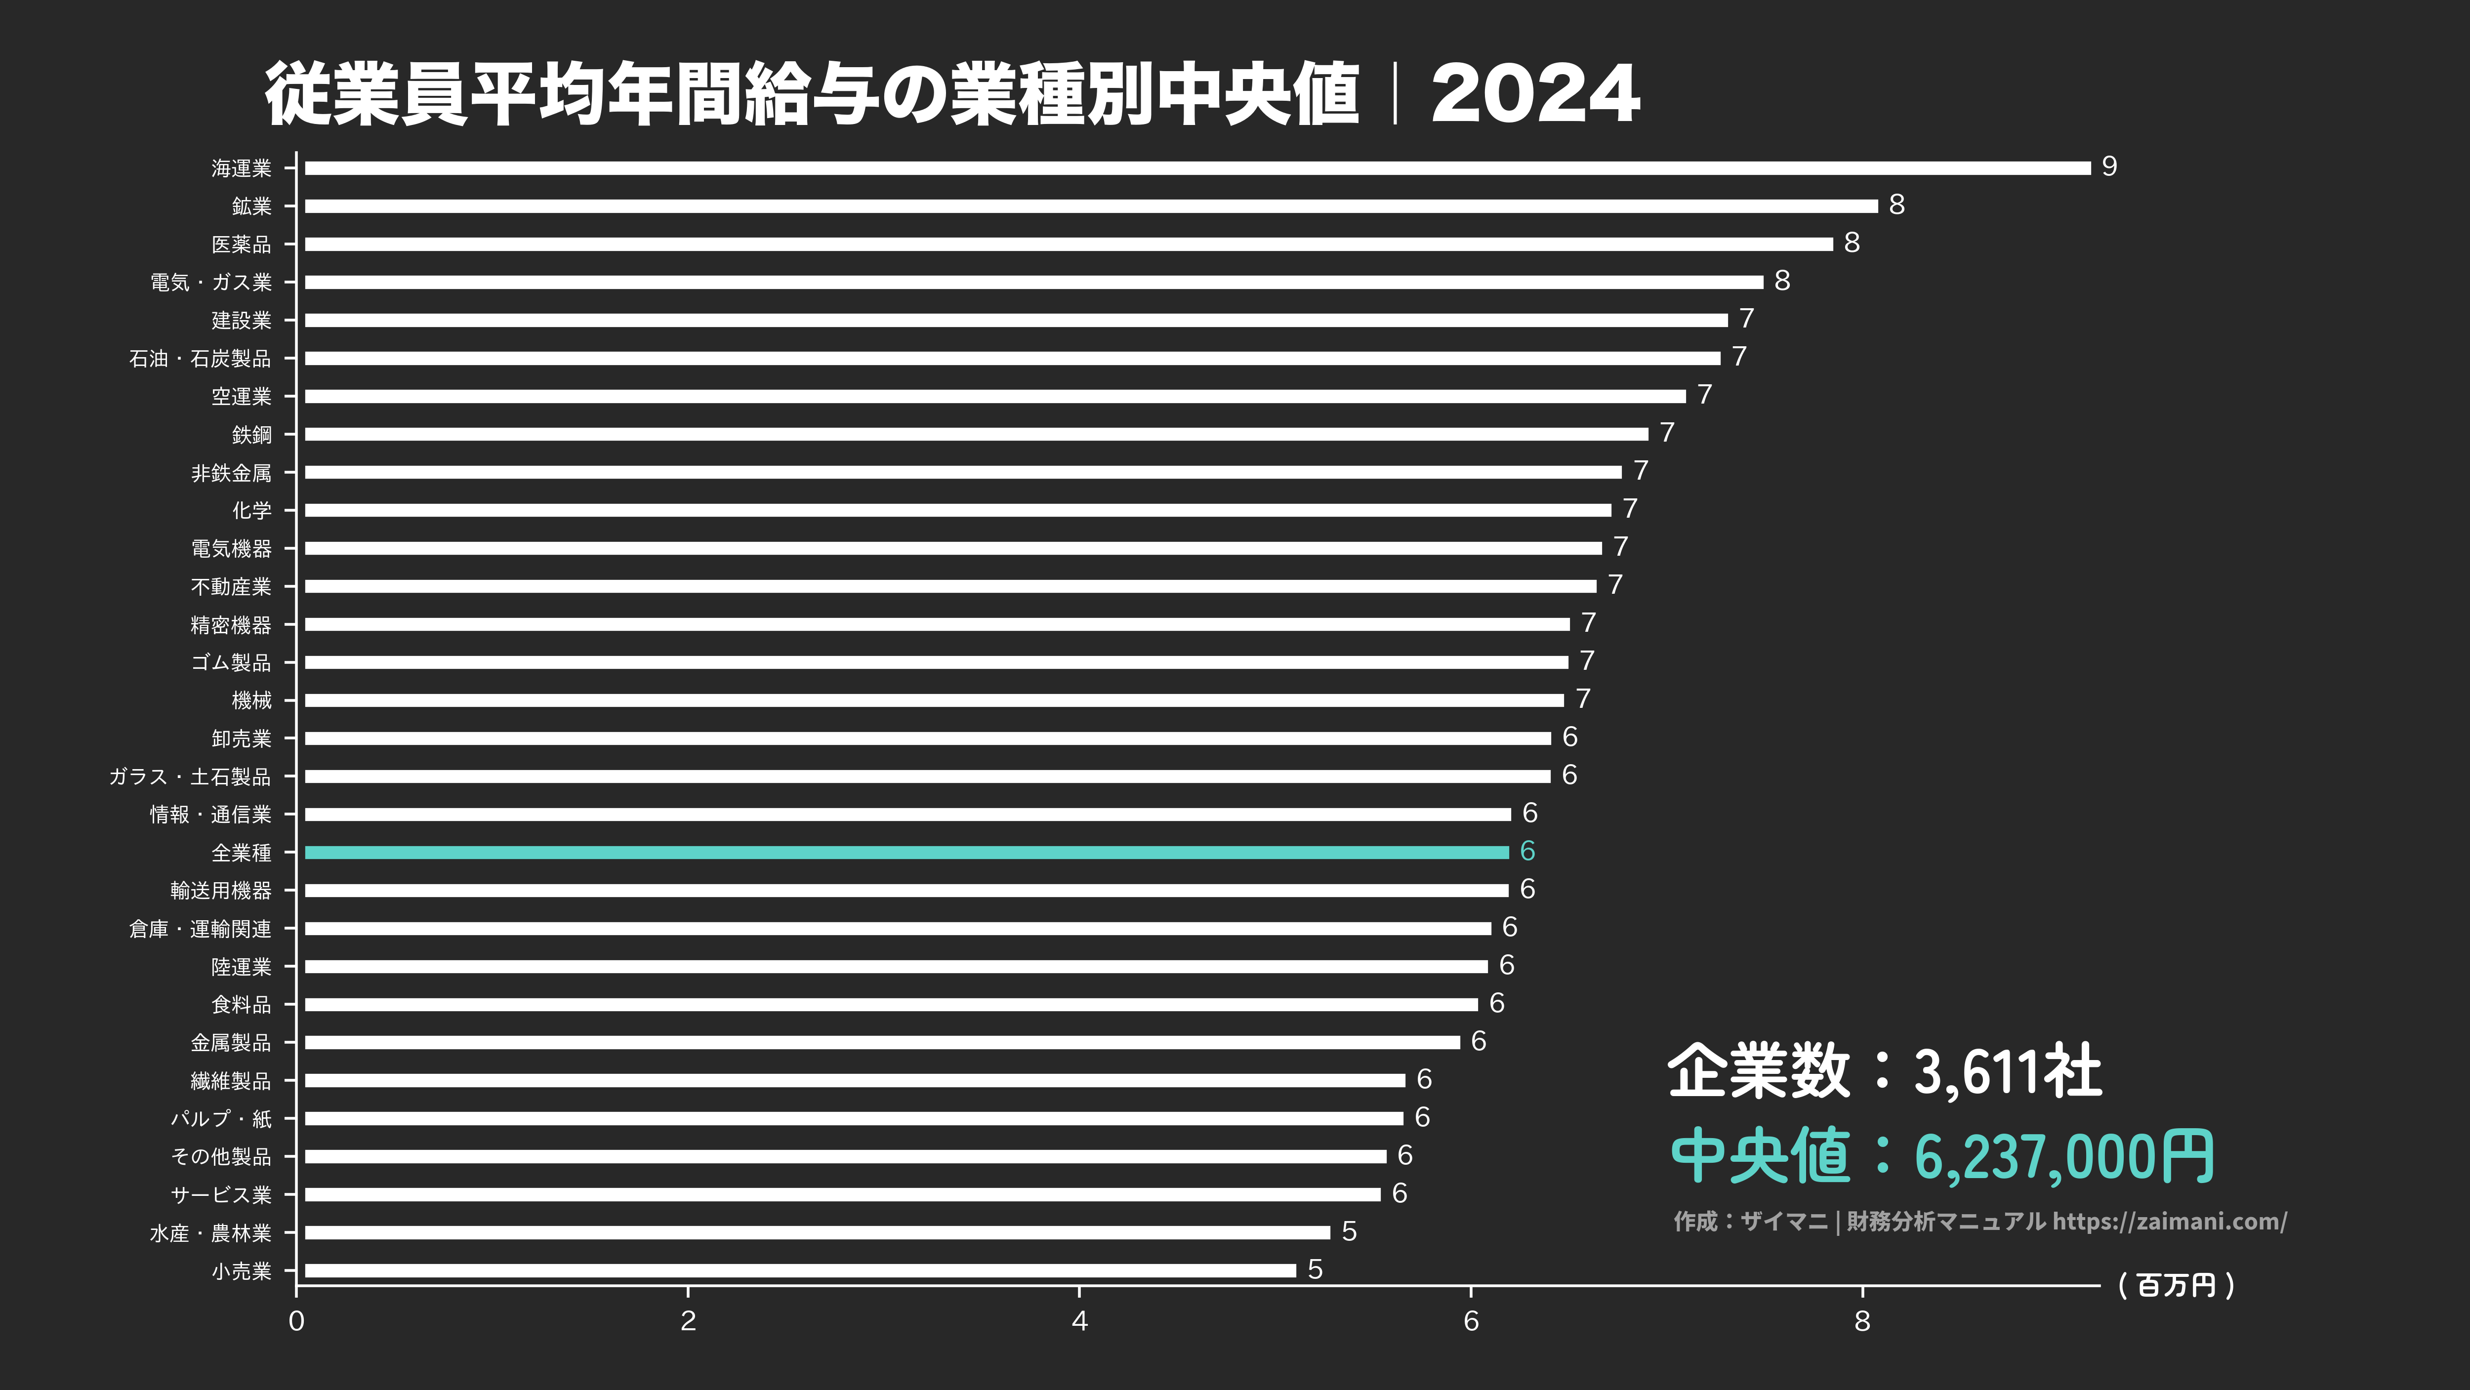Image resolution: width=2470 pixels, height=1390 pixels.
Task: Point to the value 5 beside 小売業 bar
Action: [1316, 1269]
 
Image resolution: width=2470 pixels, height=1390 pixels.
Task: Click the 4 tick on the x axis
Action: [1080, 1321]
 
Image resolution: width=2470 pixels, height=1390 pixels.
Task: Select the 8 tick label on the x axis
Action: [1862, 1321]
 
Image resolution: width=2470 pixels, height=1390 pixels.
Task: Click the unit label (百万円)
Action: [2177, 1285]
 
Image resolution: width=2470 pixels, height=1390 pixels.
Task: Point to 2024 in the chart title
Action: [1535, 94]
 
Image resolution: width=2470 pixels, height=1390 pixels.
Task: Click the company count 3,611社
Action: [2007, 1071]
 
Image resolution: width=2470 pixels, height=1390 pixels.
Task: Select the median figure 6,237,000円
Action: [2063, 1156]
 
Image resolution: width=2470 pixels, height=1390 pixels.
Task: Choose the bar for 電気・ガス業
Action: [1033, 282]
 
